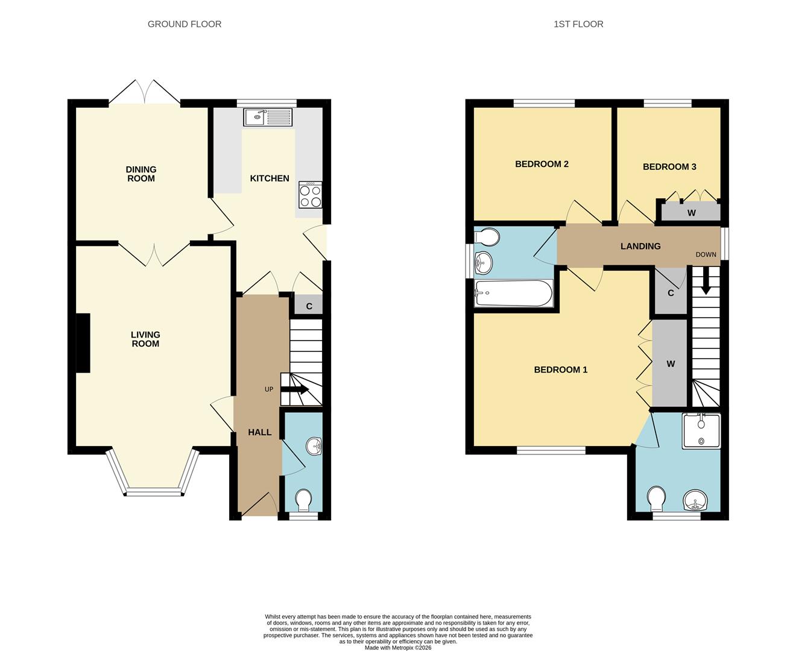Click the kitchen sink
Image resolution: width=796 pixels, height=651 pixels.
pyautogui.click(x=268, y=117)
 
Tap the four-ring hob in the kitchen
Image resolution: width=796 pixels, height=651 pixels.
pyautogui.click(x=310, y=195)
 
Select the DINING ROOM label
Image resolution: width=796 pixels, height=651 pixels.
pyautogui.click(x=141, y=174)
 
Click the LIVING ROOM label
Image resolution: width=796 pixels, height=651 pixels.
pyautogui.click(x=145, y=339)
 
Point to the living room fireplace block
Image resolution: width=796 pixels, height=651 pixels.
pyautogui.click(x=83, y=342)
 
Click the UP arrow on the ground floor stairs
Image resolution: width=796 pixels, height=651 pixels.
pyautogui.click(x=295, y=389)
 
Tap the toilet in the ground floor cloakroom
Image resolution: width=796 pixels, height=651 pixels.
pyautogui.click(x=303, y=499)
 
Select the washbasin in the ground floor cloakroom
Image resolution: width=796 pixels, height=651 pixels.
pyautogui.click(x=314, y=447)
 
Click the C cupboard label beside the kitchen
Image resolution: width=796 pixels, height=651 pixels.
pyautogui.click(x=309, y=306)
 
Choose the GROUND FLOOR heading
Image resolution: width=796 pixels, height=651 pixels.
pyautogui.click(x=185, y=24)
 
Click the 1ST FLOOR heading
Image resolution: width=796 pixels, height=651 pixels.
pyautogui.click(x=578, y=24)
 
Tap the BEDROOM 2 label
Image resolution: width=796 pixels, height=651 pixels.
pyautogui.click(x=542, y=164)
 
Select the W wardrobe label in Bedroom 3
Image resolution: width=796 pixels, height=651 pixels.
pyautogui.click(x=691, y=213)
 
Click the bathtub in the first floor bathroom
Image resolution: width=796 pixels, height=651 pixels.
pyautogui.click(x=513, y=293)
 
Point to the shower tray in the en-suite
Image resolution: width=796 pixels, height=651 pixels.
pyautogui.click(x=701, y=431)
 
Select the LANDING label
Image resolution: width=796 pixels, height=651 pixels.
pyautogui.click(x=640, y=246)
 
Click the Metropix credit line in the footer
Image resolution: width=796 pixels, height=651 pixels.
pyautogui.click(x=398, y=647)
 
